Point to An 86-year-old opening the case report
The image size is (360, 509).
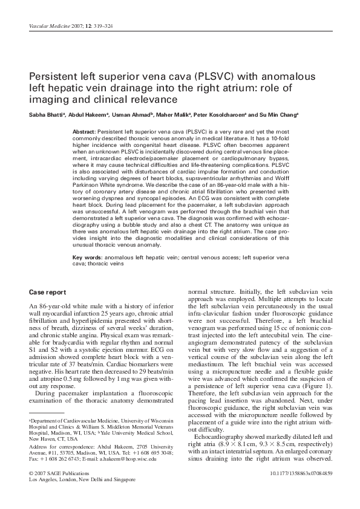pyautogui.click(x=50, y=308)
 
